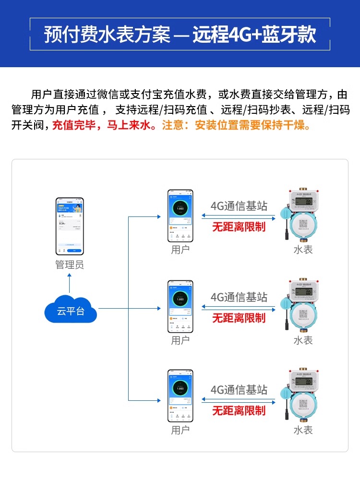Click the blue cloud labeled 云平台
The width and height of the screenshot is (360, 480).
[71, 311]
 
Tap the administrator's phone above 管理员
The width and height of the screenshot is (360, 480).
[69, 226]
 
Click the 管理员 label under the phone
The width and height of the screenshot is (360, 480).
[69, 265]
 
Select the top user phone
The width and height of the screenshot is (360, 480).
[180, 216]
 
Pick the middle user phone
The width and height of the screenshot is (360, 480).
[180, 307]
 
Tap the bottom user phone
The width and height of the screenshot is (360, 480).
[180, 395]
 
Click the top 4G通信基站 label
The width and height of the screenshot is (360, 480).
[239, 206]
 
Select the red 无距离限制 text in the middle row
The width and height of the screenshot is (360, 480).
[239, 318]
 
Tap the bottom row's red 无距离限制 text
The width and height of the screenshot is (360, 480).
[239, 410]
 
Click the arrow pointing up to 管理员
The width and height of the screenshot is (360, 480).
[69, 277]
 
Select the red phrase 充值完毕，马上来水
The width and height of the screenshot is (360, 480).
[103, 126]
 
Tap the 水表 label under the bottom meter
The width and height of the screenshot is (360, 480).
[303, 430]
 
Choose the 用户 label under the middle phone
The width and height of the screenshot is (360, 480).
[180, 340]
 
